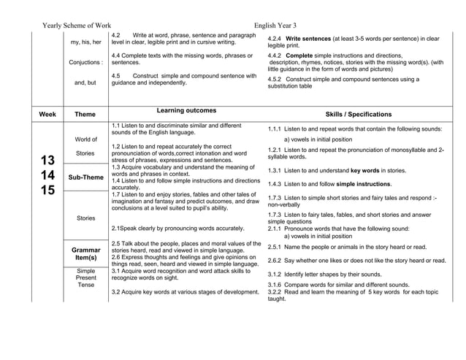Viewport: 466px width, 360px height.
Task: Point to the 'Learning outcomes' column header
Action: click(x=186, y=111)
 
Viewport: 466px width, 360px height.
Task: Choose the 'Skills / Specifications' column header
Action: click(x=358, y=115)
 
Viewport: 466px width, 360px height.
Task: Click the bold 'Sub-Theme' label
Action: click(x=85, y=177)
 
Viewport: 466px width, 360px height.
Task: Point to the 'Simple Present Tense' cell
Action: click(x=85, y=278)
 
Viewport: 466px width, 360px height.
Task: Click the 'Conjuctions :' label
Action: click(x=85, y=62)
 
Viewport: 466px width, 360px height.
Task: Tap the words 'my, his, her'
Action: click(x=85, y=42)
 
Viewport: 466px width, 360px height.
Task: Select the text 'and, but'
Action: click(x=85, y=83)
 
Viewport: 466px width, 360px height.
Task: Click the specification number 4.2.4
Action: click(x=275, y=38)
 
